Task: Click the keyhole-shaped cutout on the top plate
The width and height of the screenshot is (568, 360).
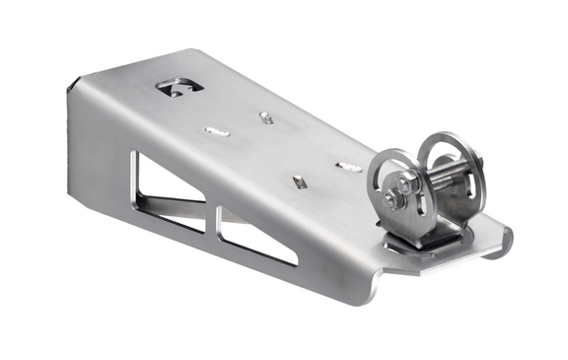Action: click(x=178, y=87)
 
